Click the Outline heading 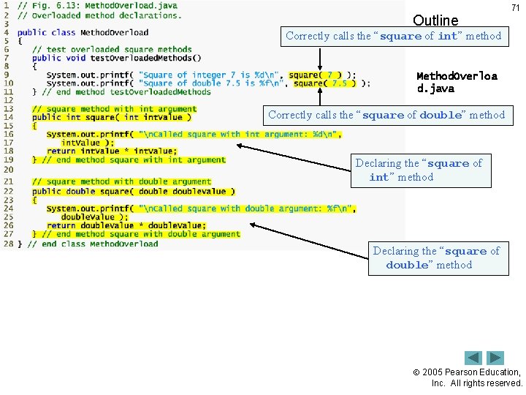[x=435, y=20]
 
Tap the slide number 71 [x=515, y=7]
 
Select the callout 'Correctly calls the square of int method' [x=394, y=36]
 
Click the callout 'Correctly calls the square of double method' [x=386, y=115]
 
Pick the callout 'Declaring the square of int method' [x=419, y=170]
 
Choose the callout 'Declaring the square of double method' [x=436, y=257]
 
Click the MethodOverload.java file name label [x=456, y=82]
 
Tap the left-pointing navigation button [x=473, y=358]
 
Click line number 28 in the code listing [x=8, y=244]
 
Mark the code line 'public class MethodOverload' [x=83, y=32]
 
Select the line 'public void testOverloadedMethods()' [x=117, y=58]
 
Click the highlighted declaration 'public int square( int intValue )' [x=111, y=117]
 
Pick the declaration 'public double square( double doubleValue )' [x=133, y=192]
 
